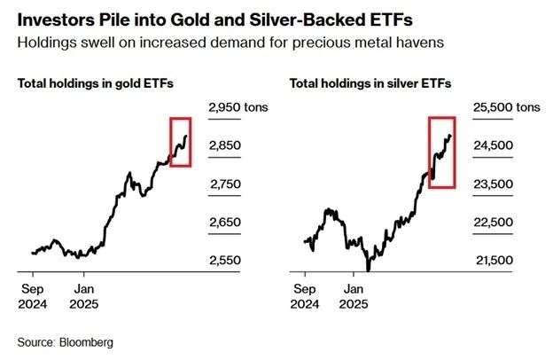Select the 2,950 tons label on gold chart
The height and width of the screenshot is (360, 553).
coord(238,107)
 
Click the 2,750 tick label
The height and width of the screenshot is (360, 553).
coord(226,184)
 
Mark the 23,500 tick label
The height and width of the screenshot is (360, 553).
coord(495,184)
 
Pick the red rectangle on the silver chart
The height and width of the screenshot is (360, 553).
coord(441,152)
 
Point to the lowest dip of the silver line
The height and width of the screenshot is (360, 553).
coord(367,269)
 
